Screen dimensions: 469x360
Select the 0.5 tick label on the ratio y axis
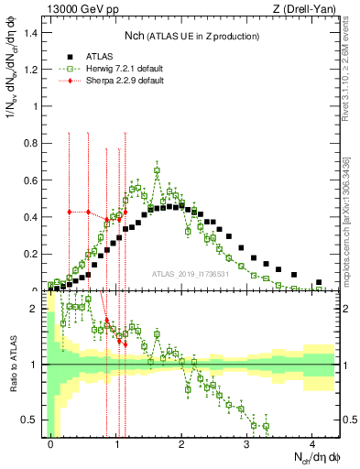(34, 420)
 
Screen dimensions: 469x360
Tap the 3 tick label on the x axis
(247, 441)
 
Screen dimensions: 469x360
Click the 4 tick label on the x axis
(312, 441)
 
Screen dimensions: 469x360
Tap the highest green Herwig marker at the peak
(157, 170)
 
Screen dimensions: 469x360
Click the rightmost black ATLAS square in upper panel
(319, 282)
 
